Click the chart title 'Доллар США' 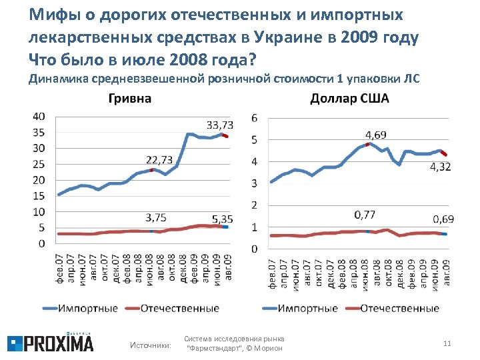[x=349, y=99]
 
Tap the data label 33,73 [x=220, y=125]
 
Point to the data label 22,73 [x=159, y=159]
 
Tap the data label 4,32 [x=439, y=167]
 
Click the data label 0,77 [x=364, y=214]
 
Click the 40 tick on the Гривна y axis [x=39, y=116]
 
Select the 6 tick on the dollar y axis [x=254, y=118]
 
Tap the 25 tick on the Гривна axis [x=39, y=164]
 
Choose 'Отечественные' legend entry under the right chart [x=400, y=309]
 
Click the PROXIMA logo [x=51, y=343]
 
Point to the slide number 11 [x=447, y=343]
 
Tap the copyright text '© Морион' [x=266, y=348]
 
